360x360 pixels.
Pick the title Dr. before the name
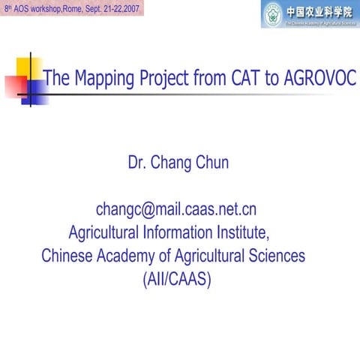[139, 162]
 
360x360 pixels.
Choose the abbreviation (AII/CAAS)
[176, 279]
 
